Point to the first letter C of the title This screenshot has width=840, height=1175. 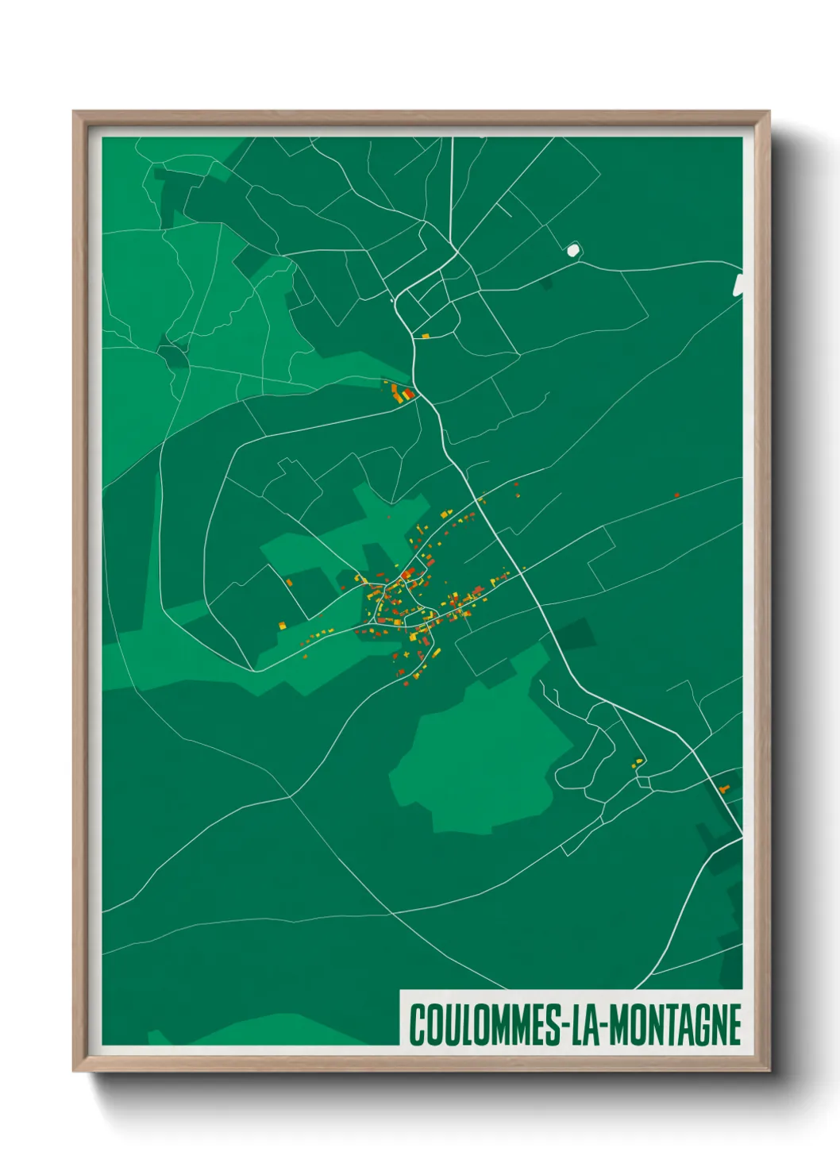pos(416,1025)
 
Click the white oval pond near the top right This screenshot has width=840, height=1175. pos(572,250)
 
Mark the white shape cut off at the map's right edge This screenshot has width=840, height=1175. pos(738,285)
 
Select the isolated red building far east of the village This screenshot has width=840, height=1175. pos(676,495)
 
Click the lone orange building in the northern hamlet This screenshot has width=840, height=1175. pos(426,337)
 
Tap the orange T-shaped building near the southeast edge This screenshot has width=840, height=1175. pos(723,789)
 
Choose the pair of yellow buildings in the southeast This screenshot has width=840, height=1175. pos(638,762)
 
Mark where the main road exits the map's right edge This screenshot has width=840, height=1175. pos(740,834)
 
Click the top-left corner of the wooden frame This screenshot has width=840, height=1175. pos(75,113)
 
